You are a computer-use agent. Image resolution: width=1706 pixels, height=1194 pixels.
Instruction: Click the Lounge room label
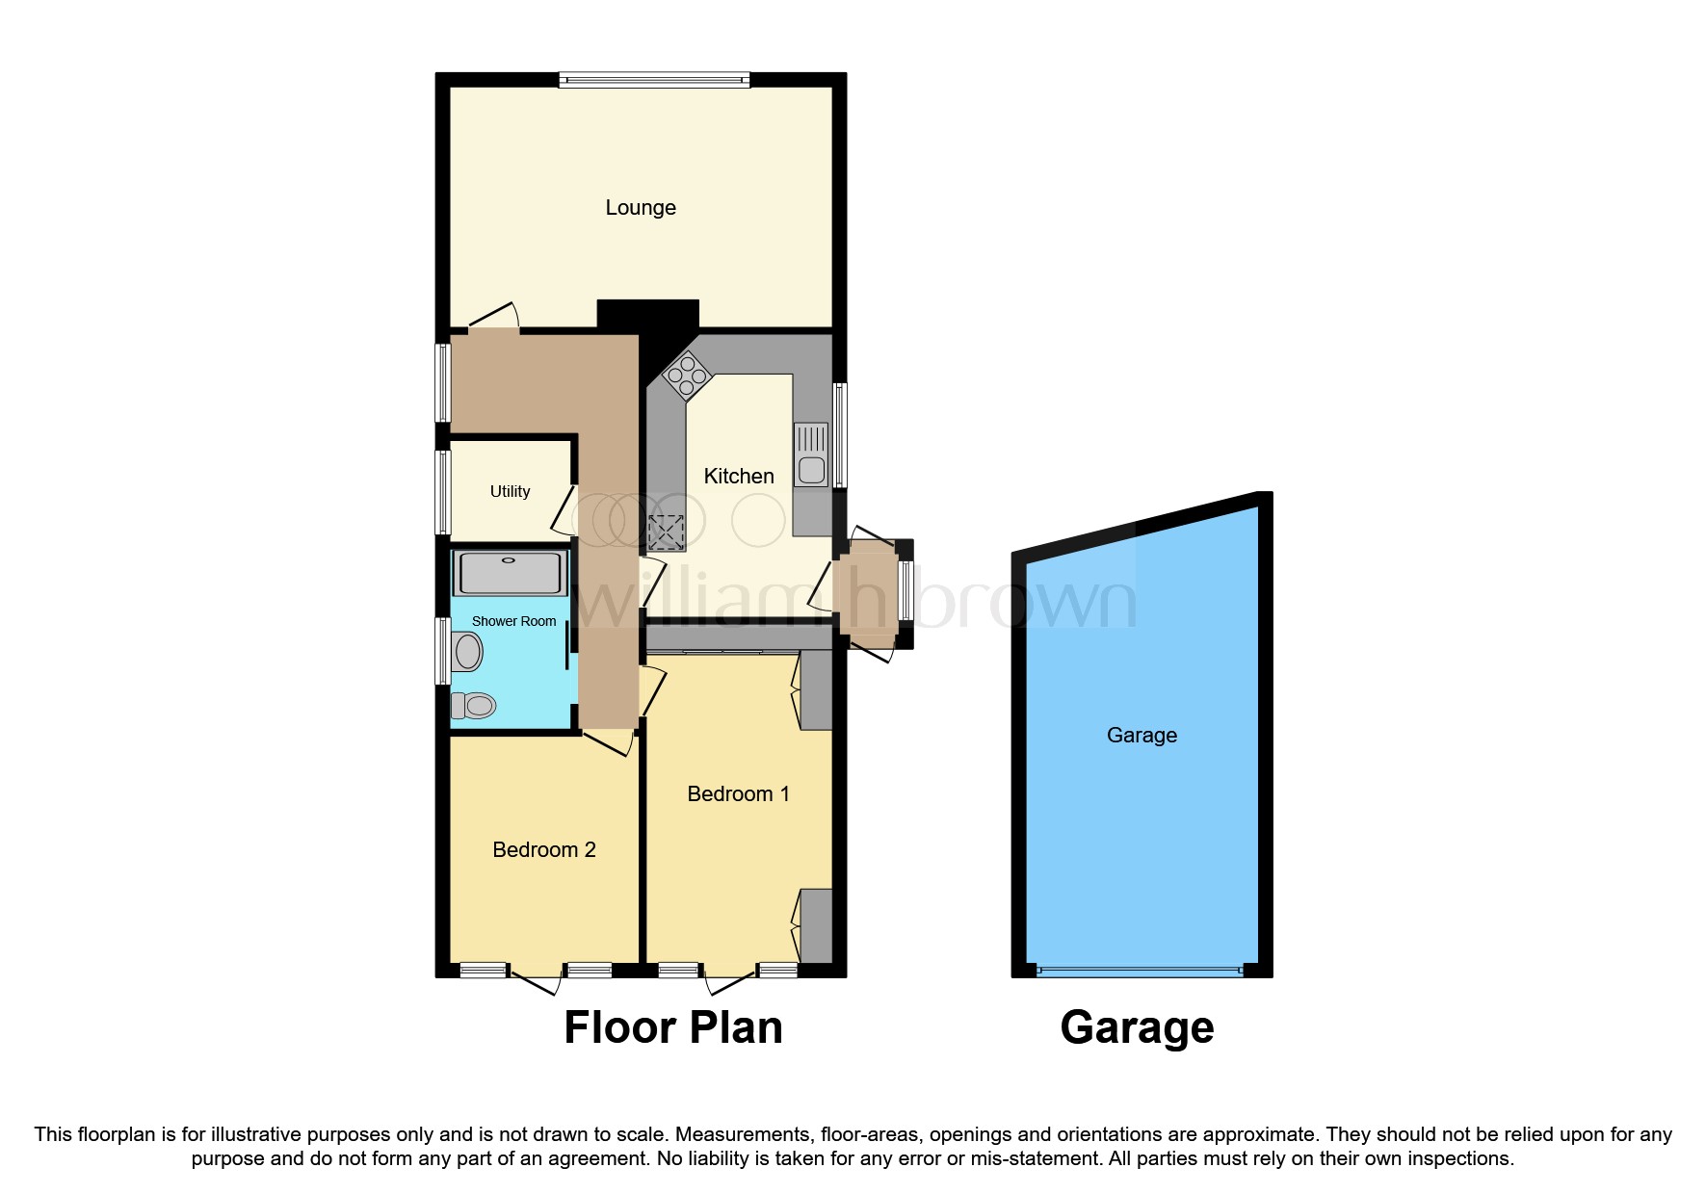click(641, 208)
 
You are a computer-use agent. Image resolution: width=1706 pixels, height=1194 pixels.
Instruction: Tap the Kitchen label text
click(738, 477)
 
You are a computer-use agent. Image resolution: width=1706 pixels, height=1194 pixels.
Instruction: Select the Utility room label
click(510, 492)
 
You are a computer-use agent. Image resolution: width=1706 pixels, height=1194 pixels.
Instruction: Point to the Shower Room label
click(513, 622)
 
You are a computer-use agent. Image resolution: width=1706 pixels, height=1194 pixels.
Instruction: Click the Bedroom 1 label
click(738, 794)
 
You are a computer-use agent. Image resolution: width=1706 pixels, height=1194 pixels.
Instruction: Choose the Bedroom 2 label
click(543, 850)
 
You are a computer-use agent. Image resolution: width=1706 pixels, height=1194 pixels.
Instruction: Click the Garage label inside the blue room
click(1142, 736)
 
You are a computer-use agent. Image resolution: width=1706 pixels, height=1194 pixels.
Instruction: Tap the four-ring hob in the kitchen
click(688, 376)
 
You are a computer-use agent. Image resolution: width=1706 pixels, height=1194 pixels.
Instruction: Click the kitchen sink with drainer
click(811, 454)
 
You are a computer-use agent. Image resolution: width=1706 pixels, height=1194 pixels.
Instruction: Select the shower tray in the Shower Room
click(510, 573)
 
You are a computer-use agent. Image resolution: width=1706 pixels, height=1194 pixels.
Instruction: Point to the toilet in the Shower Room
click(474, 706)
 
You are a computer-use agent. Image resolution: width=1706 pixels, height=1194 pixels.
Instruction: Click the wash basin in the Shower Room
click(467, 652)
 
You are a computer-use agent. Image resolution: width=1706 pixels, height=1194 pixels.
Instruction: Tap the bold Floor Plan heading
click(672, 1028)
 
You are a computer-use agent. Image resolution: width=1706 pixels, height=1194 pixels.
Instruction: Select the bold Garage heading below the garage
click(1137, 1028)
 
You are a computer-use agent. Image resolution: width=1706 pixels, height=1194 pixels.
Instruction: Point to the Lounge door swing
click(495, 317)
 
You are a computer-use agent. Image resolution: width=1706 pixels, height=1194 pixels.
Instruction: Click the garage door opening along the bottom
click(1141, 972)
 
